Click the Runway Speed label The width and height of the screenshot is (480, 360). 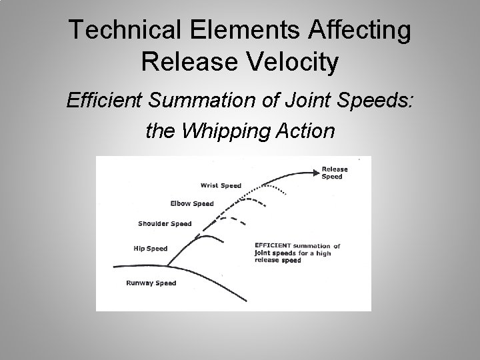[151, 283]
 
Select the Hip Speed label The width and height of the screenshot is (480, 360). [151, 249]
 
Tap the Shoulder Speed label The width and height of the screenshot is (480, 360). [165, 224]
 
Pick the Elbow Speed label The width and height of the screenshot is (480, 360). [191, 203]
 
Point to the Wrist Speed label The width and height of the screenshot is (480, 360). [221, 185]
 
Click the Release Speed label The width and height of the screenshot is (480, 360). [334, 173]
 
